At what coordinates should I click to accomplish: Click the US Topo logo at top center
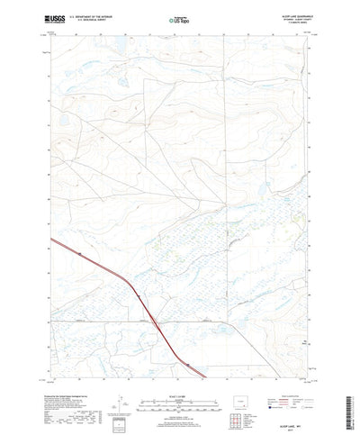(x=178, y=18)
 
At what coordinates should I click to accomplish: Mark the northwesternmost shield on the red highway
(x=80, y=256)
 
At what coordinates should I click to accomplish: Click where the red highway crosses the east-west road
(x=155, y=321)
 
